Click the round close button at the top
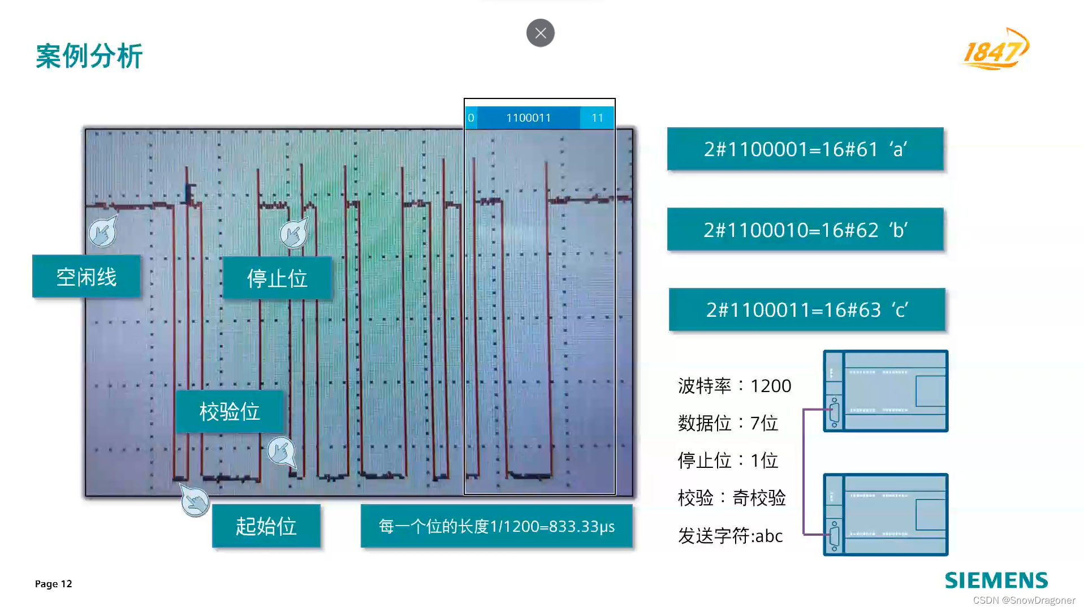click(x=540, y=33)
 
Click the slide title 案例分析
click(x=89, y=56)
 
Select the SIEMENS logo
click(x=996, y=580)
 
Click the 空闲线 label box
click(x=87, y=277)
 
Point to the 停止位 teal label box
click(x=277, y=278)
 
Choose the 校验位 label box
click(x=229, y=411)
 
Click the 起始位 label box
click(x=266, y=526)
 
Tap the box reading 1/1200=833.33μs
click(x=496, y=526)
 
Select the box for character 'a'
click(x=805, y=149)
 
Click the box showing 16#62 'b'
click(x=805, y=229)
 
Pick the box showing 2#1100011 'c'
click(x=807, y=309)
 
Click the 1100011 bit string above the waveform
click(x=528, y=118)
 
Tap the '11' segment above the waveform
click(x=597, y=118)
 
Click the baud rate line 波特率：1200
click(x=734, y=386)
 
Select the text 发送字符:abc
click(x=730, y=535)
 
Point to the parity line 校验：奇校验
click(x=732, y=498)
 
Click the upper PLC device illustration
click(x=886, y=391)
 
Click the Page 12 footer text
click(x=54, y=584)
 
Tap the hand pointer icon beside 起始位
click(x=195, y=501)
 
